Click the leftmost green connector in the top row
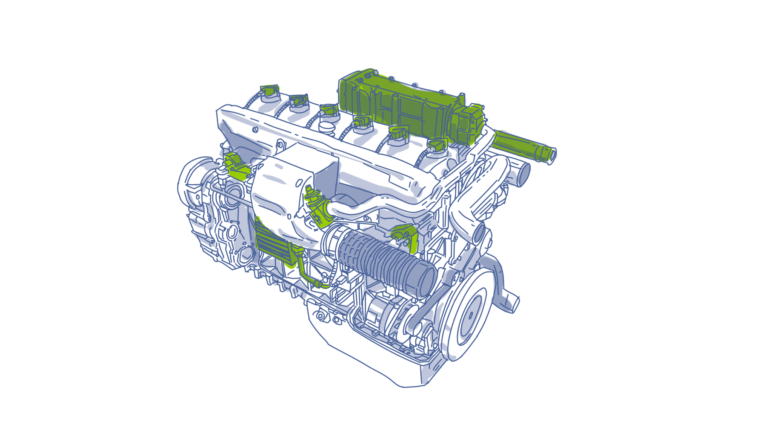270,90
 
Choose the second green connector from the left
298,100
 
